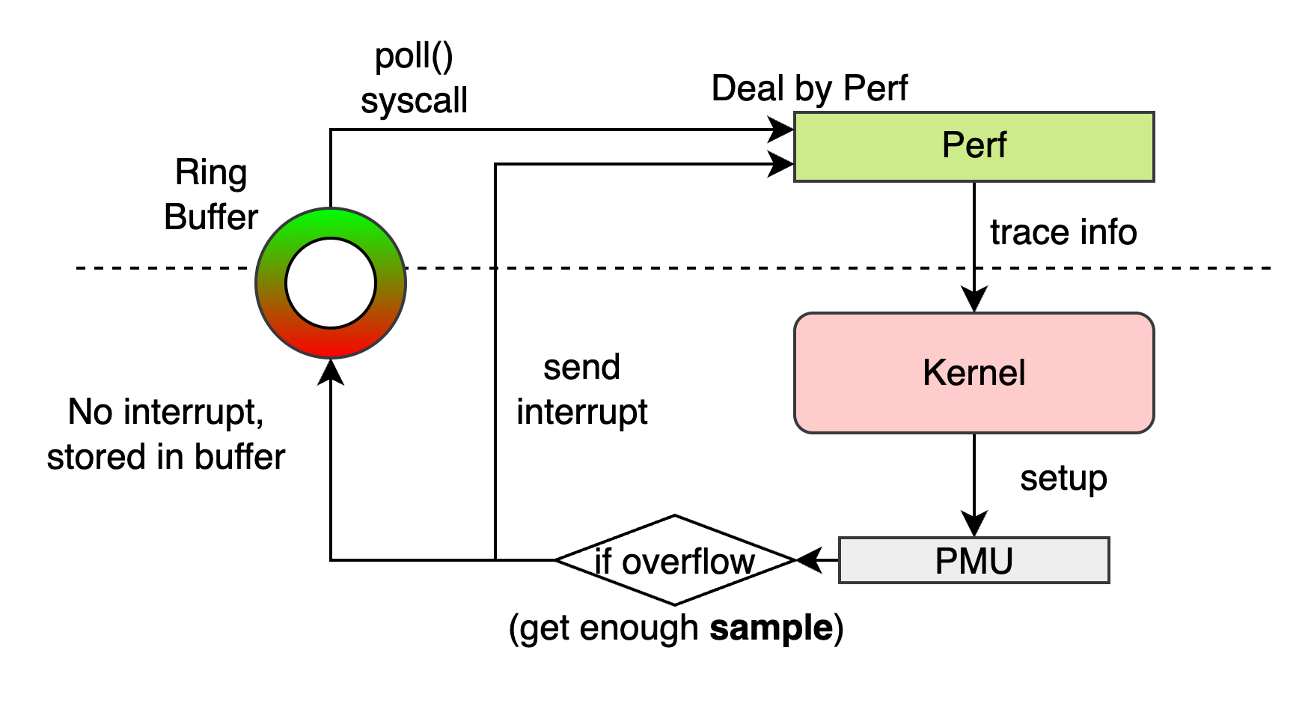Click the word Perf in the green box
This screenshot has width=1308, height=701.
coord(974,145)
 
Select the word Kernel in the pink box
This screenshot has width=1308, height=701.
coord(974,373)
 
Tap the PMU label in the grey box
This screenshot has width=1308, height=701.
coord(974,561)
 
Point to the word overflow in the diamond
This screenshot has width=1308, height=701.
coord(688,562)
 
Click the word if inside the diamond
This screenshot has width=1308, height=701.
coord(603,562)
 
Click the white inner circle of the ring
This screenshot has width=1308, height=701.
coord(331,283)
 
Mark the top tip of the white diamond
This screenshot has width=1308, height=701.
coord(675,518)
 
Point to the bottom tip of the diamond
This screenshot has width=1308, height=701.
coord(675,602)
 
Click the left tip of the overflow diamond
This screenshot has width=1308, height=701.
coord(561,560)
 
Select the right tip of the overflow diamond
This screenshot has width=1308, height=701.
coord(789,560)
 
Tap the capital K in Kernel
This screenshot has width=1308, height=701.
coord(933,373)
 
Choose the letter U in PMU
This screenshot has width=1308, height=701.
coord(1002,561)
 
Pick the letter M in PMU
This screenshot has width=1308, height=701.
coord(974,561)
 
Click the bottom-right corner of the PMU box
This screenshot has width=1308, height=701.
coord(1107,581)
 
